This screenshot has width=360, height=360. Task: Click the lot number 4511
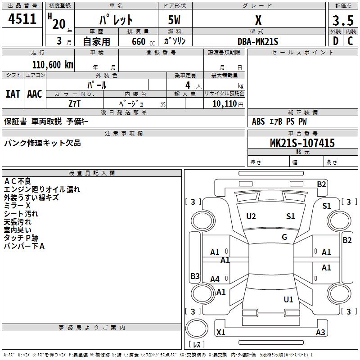tap(22, 19)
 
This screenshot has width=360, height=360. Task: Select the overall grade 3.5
tap(343, 20)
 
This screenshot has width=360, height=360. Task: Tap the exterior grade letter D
tap(336, 41)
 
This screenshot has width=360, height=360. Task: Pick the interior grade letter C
tap(350, 41)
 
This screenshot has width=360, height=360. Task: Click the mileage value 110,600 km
tap(53, 65)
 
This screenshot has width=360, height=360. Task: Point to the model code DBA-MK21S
tap(258, 41)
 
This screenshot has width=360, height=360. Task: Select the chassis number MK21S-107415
tap(302, 143)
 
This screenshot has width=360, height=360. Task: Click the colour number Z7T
tap(74, 104)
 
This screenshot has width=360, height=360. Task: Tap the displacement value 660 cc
tap(143, 41)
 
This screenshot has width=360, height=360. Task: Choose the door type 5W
tap(174, 20)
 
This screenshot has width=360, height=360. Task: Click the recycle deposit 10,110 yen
tap(228, 104)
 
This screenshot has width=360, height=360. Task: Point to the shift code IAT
tap(13, 94)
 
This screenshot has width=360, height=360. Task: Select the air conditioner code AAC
tap(35, 94)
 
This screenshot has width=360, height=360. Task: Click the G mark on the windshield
tap(284, 237)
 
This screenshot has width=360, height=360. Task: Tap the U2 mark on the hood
tap(251, 216)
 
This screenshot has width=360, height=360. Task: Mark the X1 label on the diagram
tap(220, 332)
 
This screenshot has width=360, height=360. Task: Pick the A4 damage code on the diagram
tap(215, 279)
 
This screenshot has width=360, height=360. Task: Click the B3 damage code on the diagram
tap(195, 276)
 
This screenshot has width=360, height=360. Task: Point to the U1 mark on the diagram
tap(288, 299)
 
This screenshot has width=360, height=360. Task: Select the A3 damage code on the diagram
tap(320, 332)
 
